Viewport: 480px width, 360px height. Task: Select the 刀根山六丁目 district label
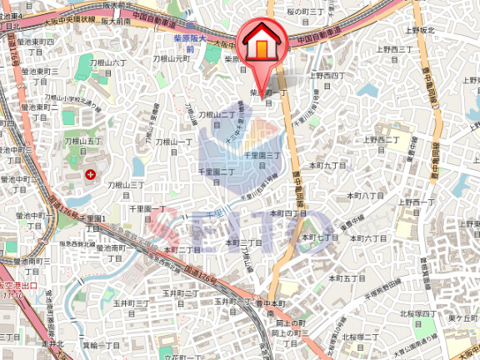(112, 67)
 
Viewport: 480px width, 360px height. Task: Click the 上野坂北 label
(421, 30)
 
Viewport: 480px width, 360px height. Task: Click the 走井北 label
(53, 342)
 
